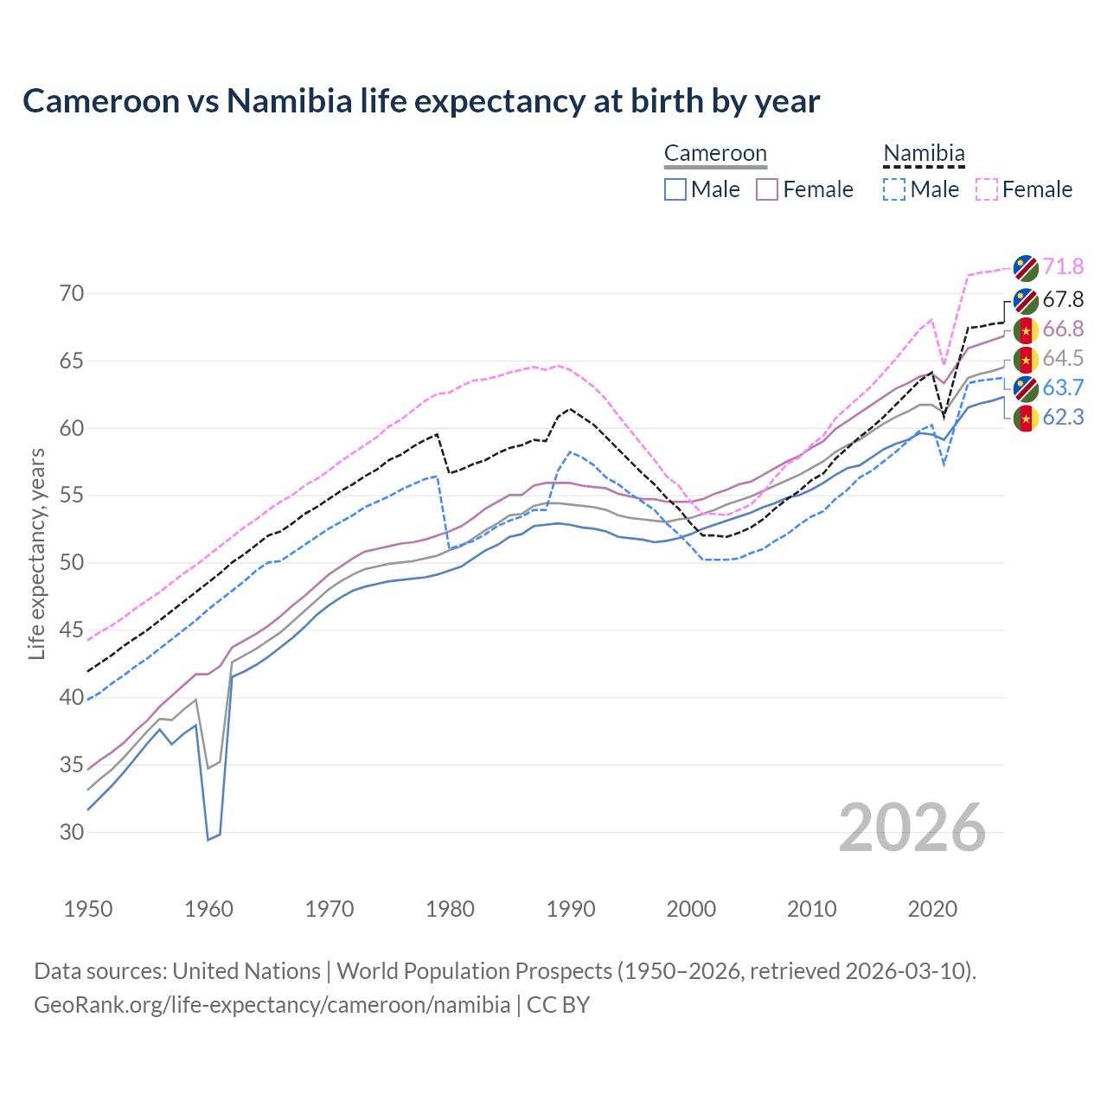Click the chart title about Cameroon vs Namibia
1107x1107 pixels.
point(421,101)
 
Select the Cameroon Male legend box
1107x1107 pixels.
point(675,189)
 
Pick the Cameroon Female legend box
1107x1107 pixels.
point(768,189)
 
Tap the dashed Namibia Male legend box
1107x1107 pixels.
point(894,189)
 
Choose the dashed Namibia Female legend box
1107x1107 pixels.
point(987,189)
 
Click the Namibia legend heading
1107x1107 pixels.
point(924,154)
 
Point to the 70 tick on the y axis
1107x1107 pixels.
point(72,294)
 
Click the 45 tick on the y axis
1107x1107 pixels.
point(72,630)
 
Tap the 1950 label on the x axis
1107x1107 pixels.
point(88,909)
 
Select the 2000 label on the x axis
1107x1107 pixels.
point(691,909)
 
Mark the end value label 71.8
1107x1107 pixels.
point(1063,267)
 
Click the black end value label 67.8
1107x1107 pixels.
point(1063,300)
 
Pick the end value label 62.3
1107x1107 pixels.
point(1063,418)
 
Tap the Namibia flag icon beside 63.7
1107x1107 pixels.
point(1026,388)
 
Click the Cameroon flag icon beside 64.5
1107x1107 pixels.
point(1026,359)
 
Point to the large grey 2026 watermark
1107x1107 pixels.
point(912,829)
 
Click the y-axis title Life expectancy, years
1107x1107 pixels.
point(36,553)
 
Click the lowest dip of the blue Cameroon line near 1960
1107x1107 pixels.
point(208,839)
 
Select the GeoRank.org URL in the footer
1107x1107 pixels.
point(272,1005)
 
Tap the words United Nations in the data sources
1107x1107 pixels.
point(246,971)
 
